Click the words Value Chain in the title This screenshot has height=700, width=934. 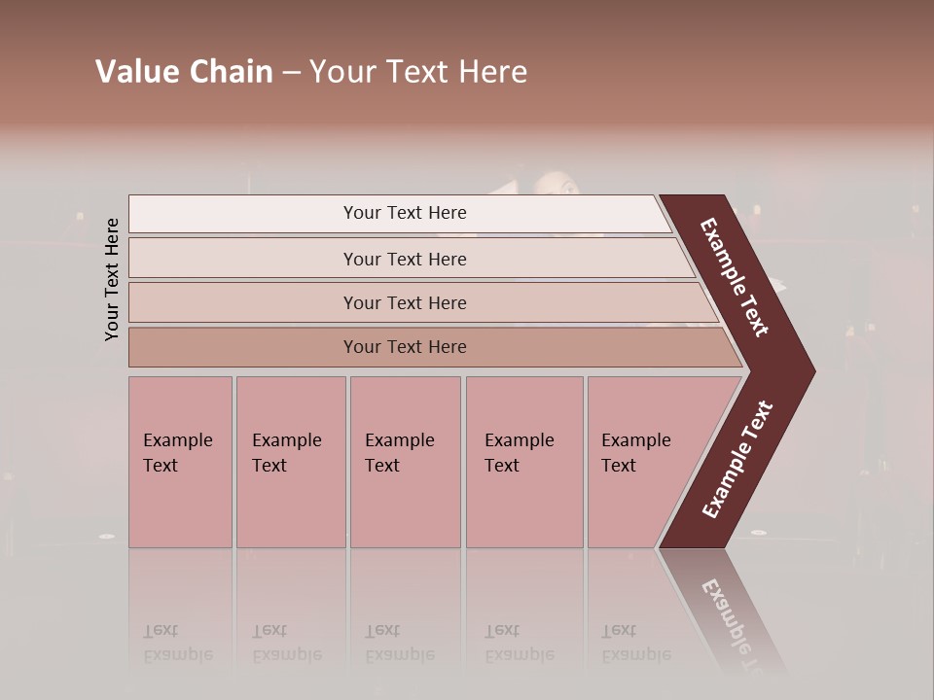184,72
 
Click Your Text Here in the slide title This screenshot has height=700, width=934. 418,72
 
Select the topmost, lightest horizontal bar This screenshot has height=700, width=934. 399,213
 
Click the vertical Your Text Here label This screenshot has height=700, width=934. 112,280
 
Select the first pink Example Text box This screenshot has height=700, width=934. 180,462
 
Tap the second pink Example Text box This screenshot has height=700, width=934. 291,462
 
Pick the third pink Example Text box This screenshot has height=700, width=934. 405,462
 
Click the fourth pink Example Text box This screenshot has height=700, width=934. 524,462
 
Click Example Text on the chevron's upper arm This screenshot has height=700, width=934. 735,277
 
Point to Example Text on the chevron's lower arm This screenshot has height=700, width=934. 737,459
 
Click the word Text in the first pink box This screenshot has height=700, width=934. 161,466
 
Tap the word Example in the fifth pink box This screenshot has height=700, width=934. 636,440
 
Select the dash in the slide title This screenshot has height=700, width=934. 291,72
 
